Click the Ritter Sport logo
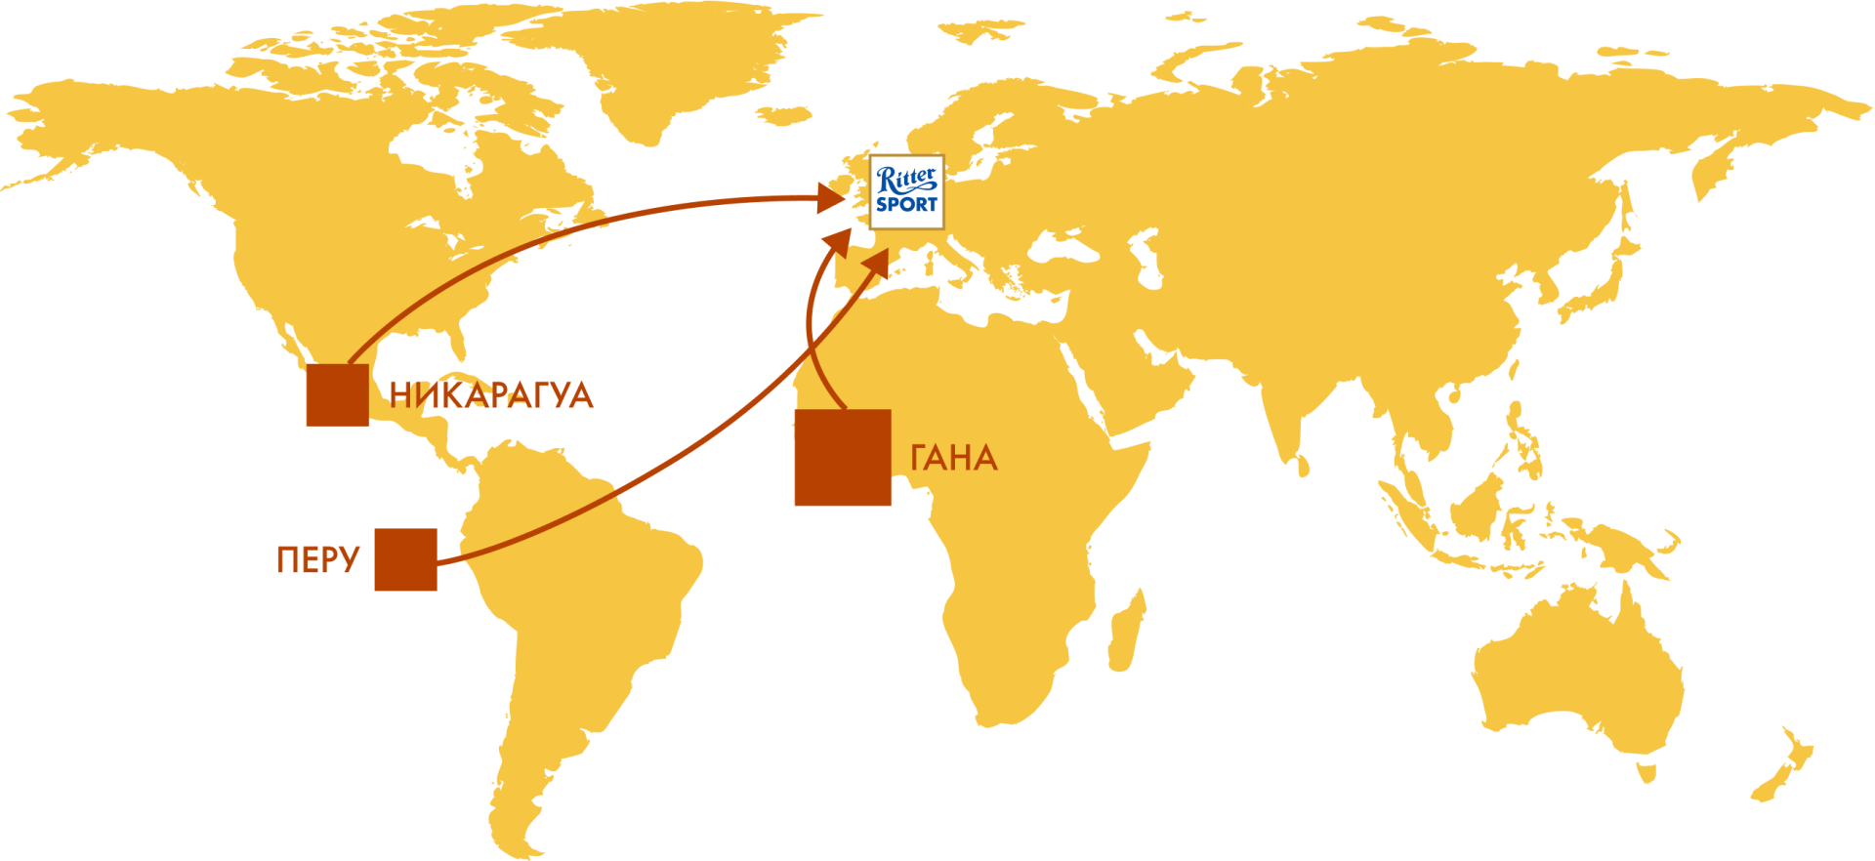(906, 192)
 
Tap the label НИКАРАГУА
(491, 395)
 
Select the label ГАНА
(954, 458)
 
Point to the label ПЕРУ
(318, 559)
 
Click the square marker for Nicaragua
(338, 394)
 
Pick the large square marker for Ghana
(843, 457)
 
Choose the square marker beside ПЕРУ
(405, 559)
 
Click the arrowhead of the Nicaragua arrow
(830, 198)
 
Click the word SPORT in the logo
(906, 205)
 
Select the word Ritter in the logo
(906, 180)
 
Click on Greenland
(674, 68)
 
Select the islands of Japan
(1602, 273)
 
